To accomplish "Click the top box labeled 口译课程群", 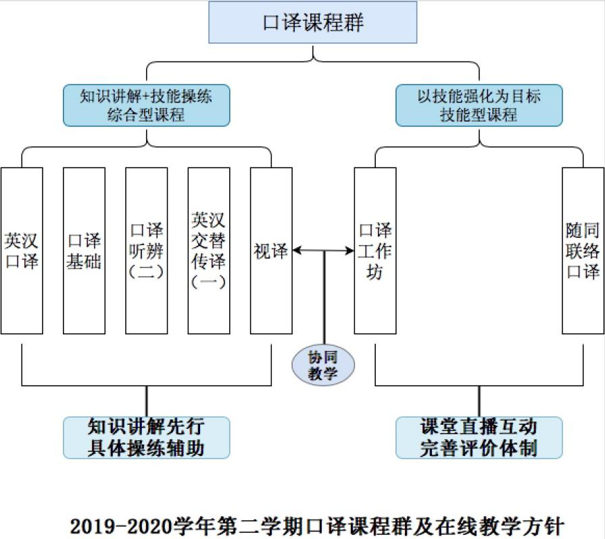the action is tap(312, 22).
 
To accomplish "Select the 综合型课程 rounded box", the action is tap(146, 105).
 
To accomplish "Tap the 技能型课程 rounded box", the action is tap(479, 105).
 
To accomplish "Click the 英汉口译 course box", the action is tap(22, 251).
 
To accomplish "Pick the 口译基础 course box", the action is tap(84, 251).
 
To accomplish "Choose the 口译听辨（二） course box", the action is tap(147, 251).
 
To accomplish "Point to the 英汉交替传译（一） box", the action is tap(209, 251).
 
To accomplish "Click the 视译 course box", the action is tap(271, 251).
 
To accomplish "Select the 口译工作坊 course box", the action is tap(375, 251).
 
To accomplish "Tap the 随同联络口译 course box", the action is tap(583, 251).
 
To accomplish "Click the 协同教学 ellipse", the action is tap(323, 365).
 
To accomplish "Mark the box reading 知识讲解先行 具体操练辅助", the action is tap(146, 438).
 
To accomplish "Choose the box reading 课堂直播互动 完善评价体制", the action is tap(479, 438).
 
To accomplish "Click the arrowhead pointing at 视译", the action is tap(297, 251).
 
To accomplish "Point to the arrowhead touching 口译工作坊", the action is tap(350, 251).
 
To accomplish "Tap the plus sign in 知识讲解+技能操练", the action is tap(146, 97).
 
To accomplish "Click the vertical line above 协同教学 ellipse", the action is tap(324, 298).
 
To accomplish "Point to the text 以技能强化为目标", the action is tap(479, 96).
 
